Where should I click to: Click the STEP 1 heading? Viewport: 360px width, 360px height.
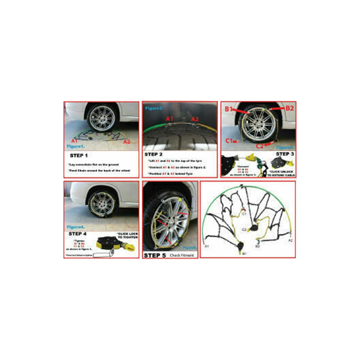(78, 156)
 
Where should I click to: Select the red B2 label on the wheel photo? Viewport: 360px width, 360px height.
(290, 108)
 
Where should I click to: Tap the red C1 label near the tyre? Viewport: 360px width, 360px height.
(229, 141)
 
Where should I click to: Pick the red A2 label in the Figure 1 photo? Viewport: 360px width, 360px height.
(127, 142)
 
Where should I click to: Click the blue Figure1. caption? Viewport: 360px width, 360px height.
(76, 147)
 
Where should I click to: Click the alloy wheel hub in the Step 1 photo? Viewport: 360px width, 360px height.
(102, 118)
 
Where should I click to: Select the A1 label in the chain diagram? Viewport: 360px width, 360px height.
(207, 247)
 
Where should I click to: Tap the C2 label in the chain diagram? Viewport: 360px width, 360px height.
(244, 229)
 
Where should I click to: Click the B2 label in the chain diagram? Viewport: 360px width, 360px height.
(258, 247)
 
